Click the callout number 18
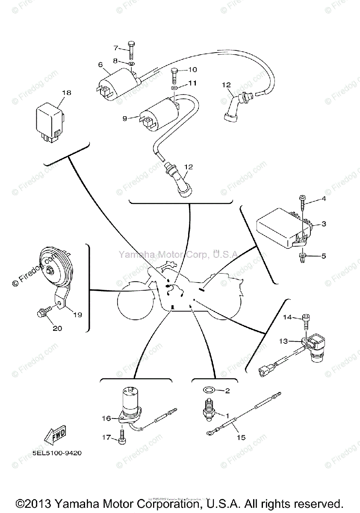66,93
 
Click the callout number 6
100,65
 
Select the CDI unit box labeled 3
282,231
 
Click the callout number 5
324,256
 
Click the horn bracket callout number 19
77,315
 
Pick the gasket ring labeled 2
209,390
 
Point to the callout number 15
242,437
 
